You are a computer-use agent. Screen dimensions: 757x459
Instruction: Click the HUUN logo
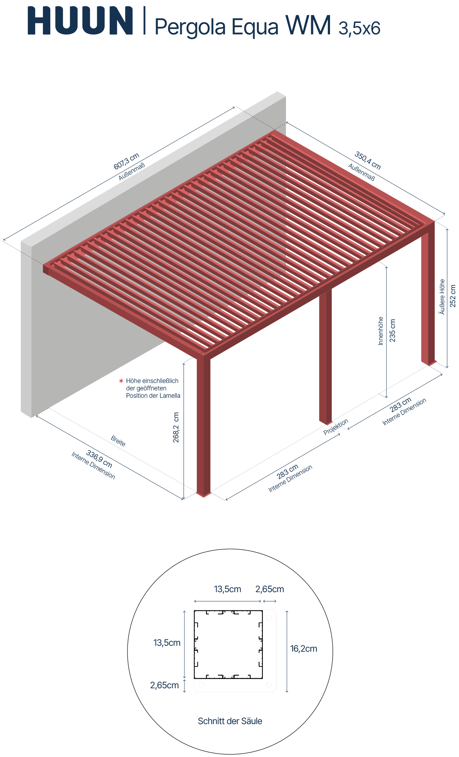tap(80, 21)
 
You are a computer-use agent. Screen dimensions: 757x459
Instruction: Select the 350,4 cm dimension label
tap(368, 160)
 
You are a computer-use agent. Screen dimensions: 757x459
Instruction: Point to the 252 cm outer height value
tap(453, 296)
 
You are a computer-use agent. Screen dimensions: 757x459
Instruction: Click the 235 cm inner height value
tap(392, 330)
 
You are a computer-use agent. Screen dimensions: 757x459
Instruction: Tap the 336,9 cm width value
tap(99, 459)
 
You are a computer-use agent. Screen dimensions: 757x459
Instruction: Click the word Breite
tap(118, 441)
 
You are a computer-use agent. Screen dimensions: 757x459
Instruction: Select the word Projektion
tap(336, 427)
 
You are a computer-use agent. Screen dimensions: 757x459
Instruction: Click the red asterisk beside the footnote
tap(121, 381)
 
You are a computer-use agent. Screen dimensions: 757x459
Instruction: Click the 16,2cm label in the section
tap(303, 649)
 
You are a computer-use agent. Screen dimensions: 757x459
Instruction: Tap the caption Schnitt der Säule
tap(230, 721)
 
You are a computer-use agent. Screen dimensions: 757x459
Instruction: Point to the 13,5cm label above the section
tap(227, 589)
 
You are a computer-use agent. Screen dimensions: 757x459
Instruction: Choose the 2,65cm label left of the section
tap(164, 685)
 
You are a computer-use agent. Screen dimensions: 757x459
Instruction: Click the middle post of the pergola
tap(326, 355)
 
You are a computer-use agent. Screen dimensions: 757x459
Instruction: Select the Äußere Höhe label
tap(442, 297)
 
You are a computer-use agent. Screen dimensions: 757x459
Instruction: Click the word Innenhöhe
tap(381, 331)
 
